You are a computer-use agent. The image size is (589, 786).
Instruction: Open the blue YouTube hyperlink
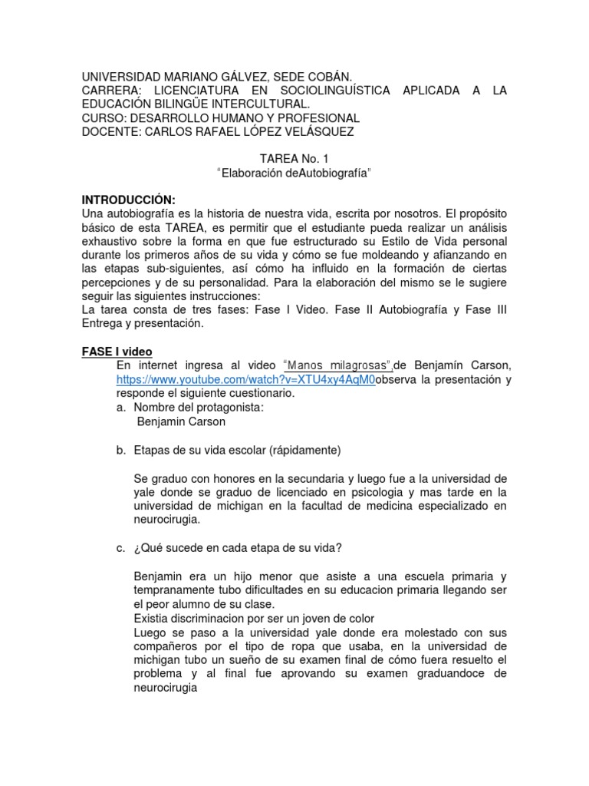point(245,379)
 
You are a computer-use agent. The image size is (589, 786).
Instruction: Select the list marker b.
point(120,450)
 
